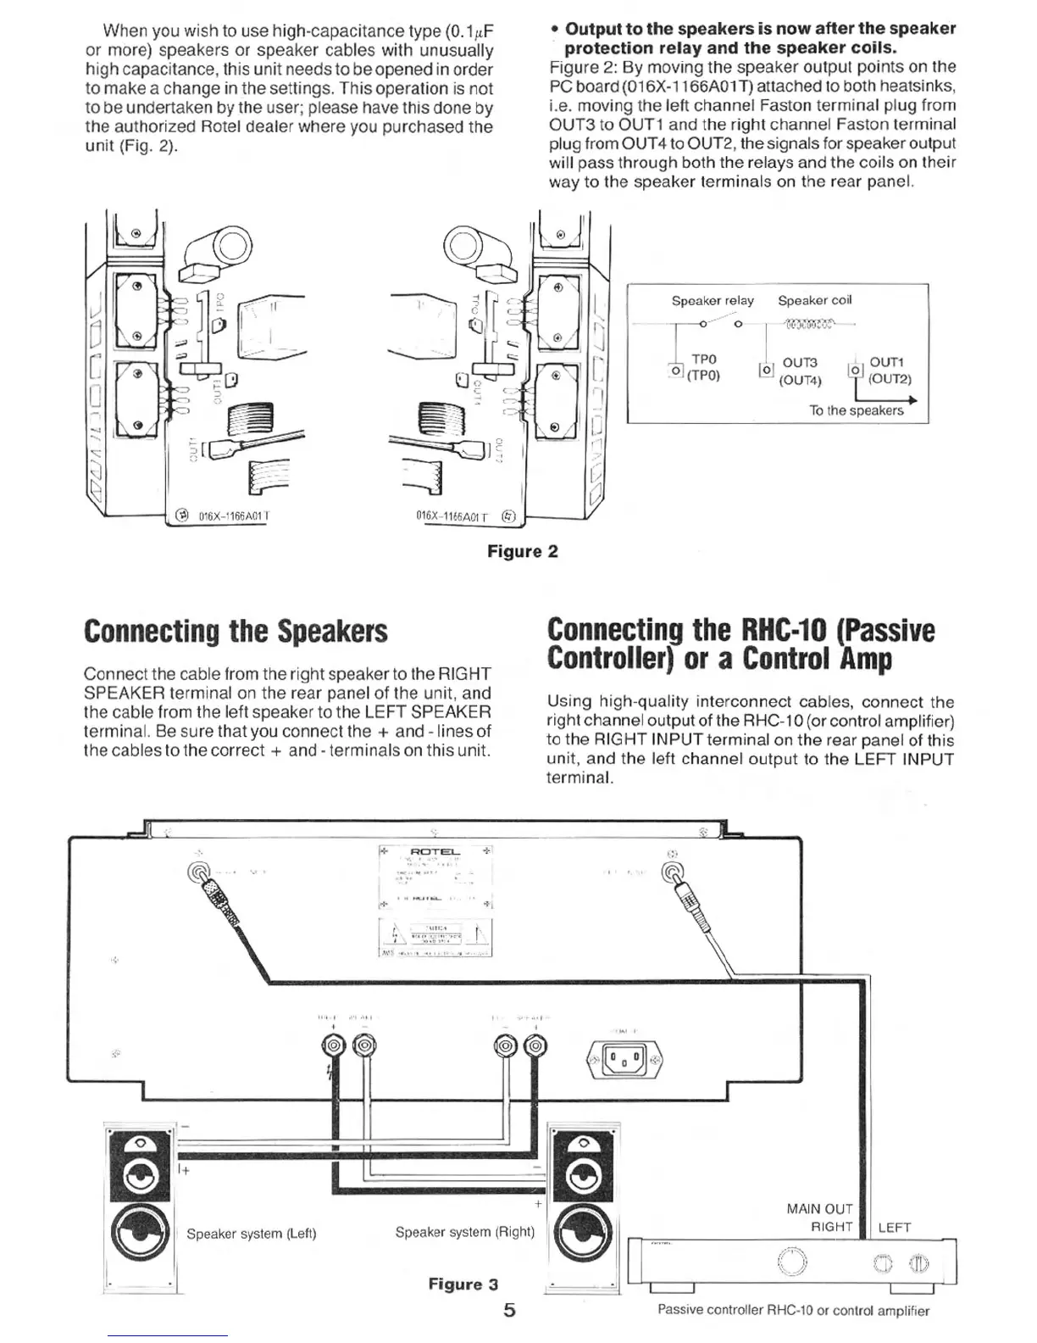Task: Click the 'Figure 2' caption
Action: [x=522, y=551]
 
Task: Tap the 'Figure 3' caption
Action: [x=463, y=1284]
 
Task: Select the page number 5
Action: [x=509, y=1310]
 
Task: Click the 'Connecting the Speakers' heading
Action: [x=236, y=632]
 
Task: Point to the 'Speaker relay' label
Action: [x=712, y=301]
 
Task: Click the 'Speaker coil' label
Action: [x=814, y=300]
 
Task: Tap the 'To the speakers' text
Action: [x=856, y=410]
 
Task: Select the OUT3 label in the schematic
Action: [x=799, y=363]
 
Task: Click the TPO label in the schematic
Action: [x=704, y=359]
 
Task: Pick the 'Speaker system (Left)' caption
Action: [x=251, y=1233]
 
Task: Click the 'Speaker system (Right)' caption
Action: [x=464, y=1231]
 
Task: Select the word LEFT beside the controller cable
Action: [x=894, y=1227]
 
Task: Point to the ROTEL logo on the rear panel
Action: [x=435, y=851]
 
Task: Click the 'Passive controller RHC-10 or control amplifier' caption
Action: [x=793, y=1310]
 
